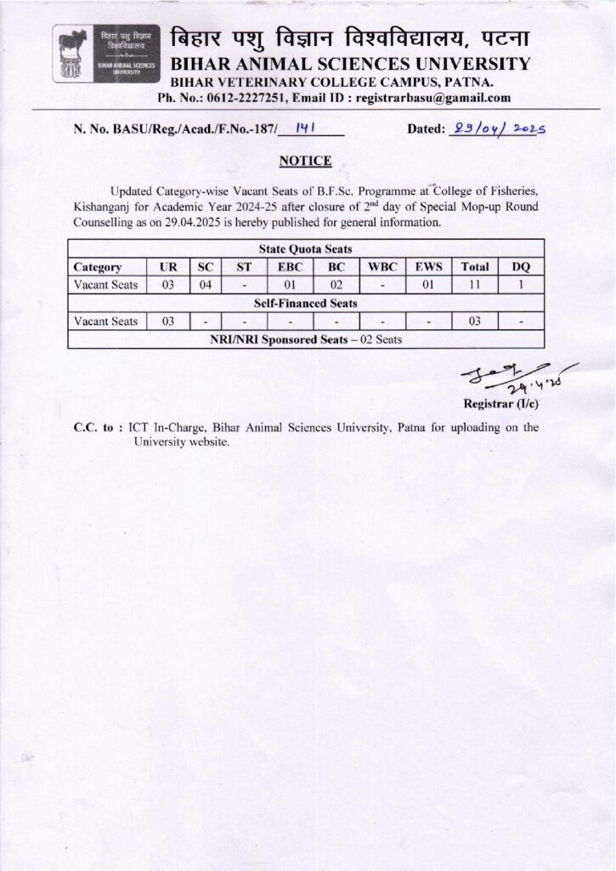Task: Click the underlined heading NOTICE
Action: [306, 160]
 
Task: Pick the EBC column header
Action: [288, 267]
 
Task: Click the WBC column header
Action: [382, 267]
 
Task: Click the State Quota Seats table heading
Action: [305, 249]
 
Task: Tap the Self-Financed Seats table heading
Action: [305, 303]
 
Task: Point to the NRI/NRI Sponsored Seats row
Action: [305, 339]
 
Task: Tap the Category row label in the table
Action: [98, 267]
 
